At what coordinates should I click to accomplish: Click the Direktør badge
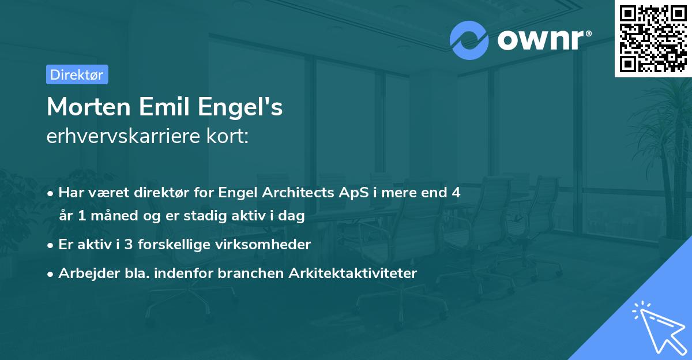pos(77,74)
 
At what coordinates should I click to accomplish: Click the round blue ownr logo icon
pos(469,40)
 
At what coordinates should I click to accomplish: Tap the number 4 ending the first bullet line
pos(456,193)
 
